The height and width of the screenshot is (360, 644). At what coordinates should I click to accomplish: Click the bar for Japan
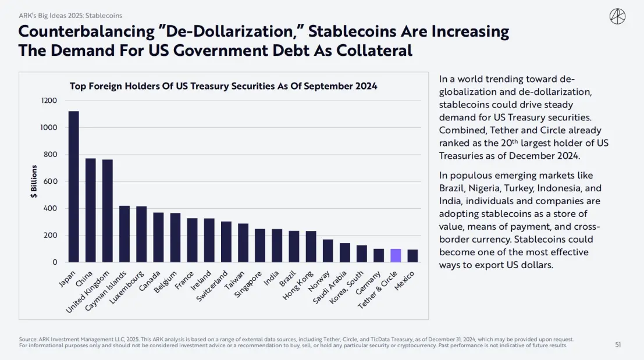(74, 186)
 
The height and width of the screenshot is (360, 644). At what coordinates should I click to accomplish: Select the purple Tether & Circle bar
(396, 255)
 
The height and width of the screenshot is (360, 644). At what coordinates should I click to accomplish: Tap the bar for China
(91, 210)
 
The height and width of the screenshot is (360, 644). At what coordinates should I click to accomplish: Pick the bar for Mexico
(412, 256)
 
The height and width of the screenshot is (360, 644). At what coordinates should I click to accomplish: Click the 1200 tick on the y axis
(49, 101)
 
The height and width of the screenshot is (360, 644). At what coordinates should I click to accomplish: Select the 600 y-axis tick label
(51, 181)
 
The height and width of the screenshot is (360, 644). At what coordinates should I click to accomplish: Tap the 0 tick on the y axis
(55, 262)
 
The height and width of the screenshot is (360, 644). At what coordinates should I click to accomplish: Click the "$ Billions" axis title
(34, 181)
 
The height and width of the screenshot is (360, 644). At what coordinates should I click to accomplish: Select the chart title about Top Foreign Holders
(223, 86)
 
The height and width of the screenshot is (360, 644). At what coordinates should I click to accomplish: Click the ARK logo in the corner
(617, 17)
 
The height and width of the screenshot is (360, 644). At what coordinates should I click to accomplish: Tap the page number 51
(618, 344)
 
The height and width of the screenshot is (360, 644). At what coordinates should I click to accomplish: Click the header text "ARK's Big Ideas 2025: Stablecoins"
(70, 15)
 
